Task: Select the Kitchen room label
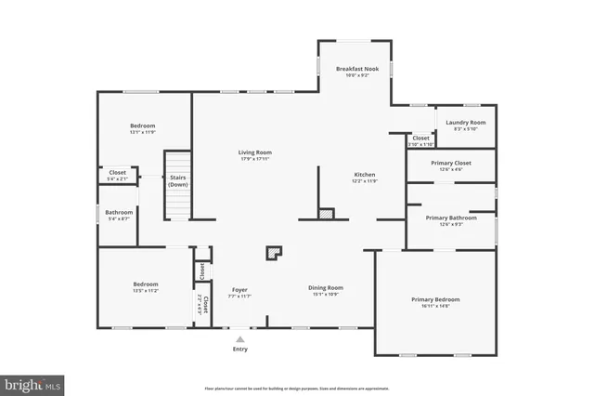tap(365, 175)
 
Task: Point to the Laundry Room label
tap(465, 123)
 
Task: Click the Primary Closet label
tap(451, 164)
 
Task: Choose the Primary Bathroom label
tap(451, 218)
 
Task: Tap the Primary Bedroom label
tap(435, 299)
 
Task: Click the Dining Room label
tap(326, 287)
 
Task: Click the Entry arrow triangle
tap(240, 338)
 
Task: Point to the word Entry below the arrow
tap(240, 350)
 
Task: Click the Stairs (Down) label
tap(178, 180)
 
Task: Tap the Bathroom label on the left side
tap(119, 212)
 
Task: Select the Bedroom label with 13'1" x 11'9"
tap(142, 125)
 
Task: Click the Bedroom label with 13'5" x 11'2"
tap(145, 284)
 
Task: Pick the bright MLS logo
tap(32, 382)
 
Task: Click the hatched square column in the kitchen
tap(325, 214)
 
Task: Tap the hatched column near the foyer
tap(274, 252)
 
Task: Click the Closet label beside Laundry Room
tap(420, 138)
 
